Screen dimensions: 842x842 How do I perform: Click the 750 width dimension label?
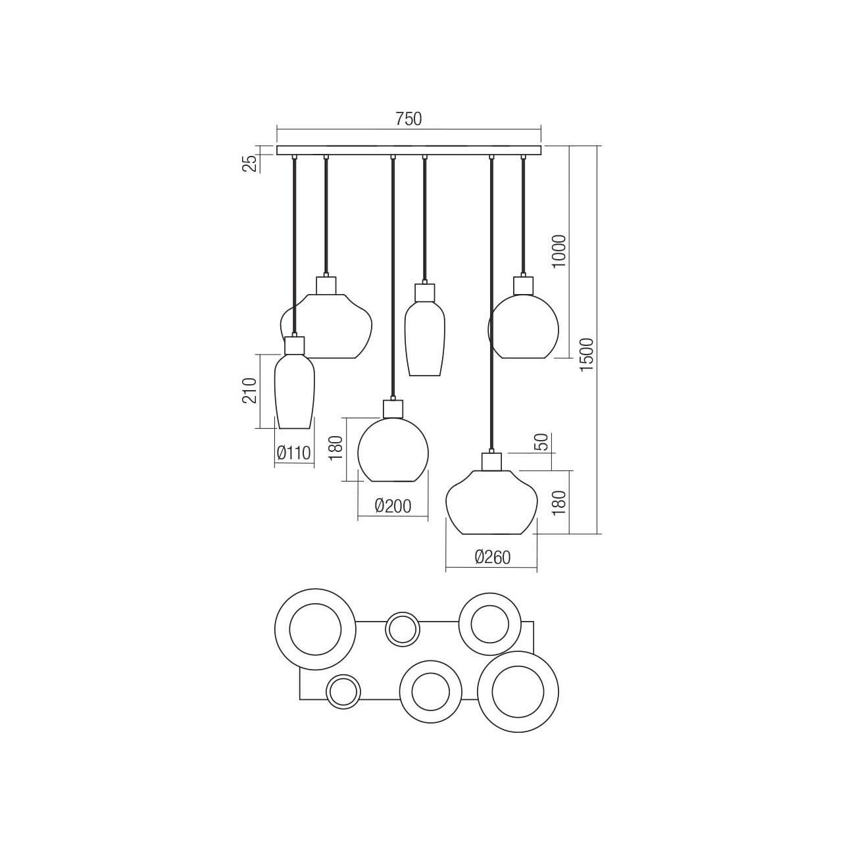click(409, 119)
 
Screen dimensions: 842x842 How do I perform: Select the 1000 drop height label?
click(558, 252)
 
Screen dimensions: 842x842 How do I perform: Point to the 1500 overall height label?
click(586, 355)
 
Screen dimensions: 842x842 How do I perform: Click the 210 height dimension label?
click(249, 390)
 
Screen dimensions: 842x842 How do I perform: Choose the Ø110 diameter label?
click(293, 453)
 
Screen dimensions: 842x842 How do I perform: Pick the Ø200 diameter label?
click(393, 506)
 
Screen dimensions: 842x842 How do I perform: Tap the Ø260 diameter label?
click(493, 557)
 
